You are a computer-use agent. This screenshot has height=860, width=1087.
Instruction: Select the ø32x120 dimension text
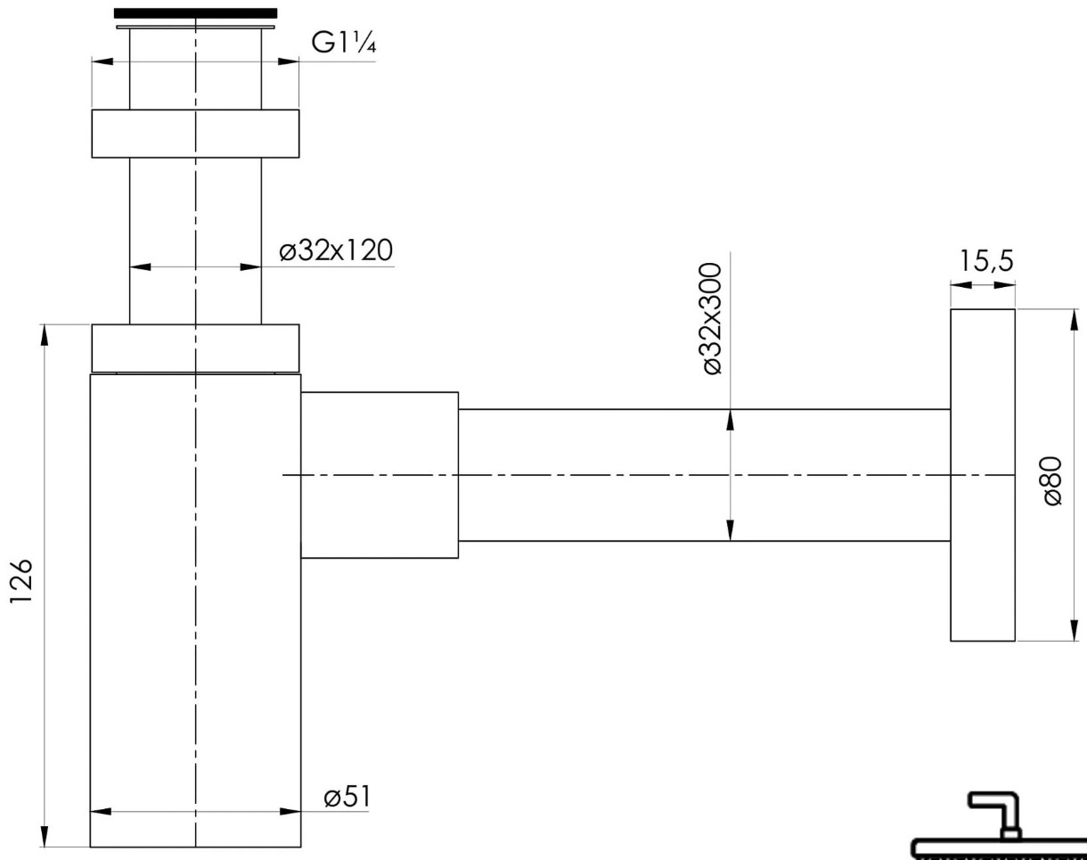(335, 251)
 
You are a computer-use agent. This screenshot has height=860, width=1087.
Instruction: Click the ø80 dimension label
(1053, 481)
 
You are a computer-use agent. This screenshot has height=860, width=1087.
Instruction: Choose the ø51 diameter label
(347, 797)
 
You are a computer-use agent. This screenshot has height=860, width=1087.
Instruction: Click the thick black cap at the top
(196, 13)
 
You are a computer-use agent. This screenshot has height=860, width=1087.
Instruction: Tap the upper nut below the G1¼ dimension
(195, 134)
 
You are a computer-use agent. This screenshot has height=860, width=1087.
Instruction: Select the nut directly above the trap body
(195, 348)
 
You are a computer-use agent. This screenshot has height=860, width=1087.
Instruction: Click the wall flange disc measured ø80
(983, 475)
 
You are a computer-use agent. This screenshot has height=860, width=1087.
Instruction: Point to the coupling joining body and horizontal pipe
(380, 475)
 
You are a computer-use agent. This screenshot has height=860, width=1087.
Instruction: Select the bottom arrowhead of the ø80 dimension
(1071, 631)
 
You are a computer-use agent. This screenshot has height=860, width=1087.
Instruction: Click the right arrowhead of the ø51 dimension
(290, 812)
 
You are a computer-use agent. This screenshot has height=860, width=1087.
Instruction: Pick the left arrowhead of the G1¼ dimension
(102, 61)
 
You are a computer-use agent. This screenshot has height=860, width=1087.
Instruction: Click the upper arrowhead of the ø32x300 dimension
(731, 419)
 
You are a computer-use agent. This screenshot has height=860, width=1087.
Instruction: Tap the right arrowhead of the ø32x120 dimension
(251, 266)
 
